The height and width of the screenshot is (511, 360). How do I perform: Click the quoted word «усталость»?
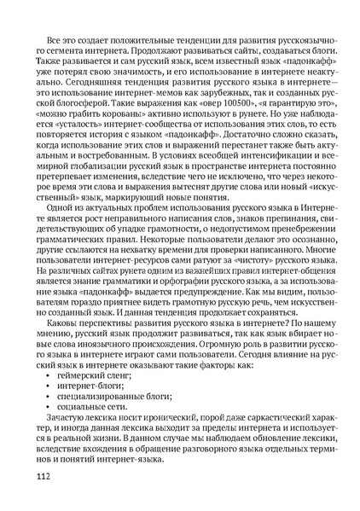click(x=67, y=136)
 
